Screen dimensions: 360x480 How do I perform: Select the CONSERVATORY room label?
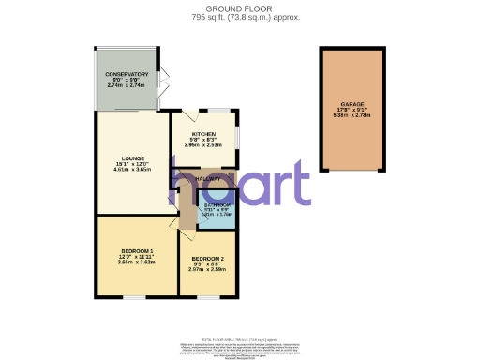(127, 74)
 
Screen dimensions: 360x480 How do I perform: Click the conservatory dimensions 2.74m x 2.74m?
(127, 85)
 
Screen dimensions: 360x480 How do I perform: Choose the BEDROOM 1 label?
(137, 251)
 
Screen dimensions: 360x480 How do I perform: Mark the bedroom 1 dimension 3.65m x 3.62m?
(137, 262)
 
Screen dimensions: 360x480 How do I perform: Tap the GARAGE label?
(353, 104)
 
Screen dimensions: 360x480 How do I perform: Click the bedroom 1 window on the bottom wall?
(134, 297)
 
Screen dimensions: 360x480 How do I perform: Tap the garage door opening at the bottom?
(353, 172)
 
